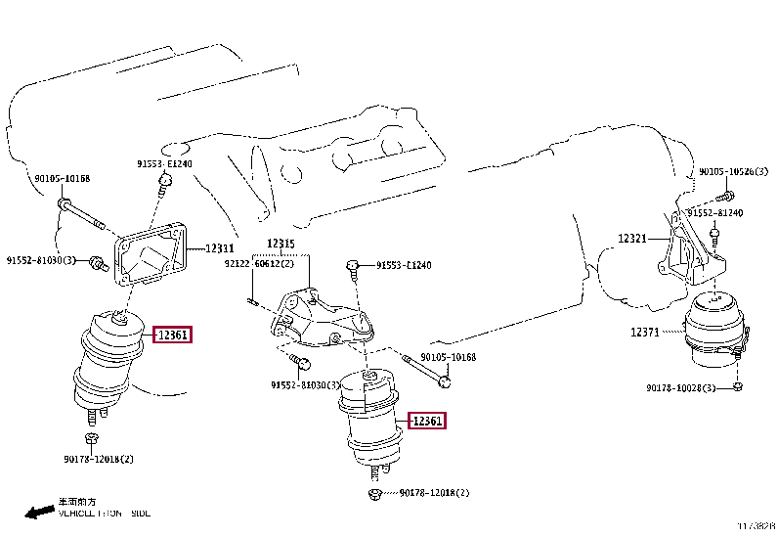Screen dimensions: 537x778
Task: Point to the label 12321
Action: coord(632,238)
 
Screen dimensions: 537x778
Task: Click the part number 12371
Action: coord(645,332)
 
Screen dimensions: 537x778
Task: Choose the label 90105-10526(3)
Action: coord(733,172)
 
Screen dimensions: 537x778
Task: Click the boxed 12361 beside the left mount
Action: coord(173,336)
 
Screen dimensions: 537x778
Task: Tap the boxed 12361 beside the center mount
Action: coord(427,422)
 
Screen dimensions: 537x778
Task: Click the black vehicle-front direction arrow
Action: coord(39,511)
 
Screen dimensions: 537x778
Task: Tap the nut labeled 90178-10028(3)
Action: coord(738,388)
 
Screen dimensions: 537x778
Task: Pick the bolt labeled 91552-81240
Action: coord(714,235)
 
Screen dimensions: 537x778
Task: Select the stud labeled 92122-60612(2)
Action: coord(251,300)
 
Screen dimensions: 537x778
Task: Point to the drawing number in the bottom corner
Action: coord(756,527)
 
